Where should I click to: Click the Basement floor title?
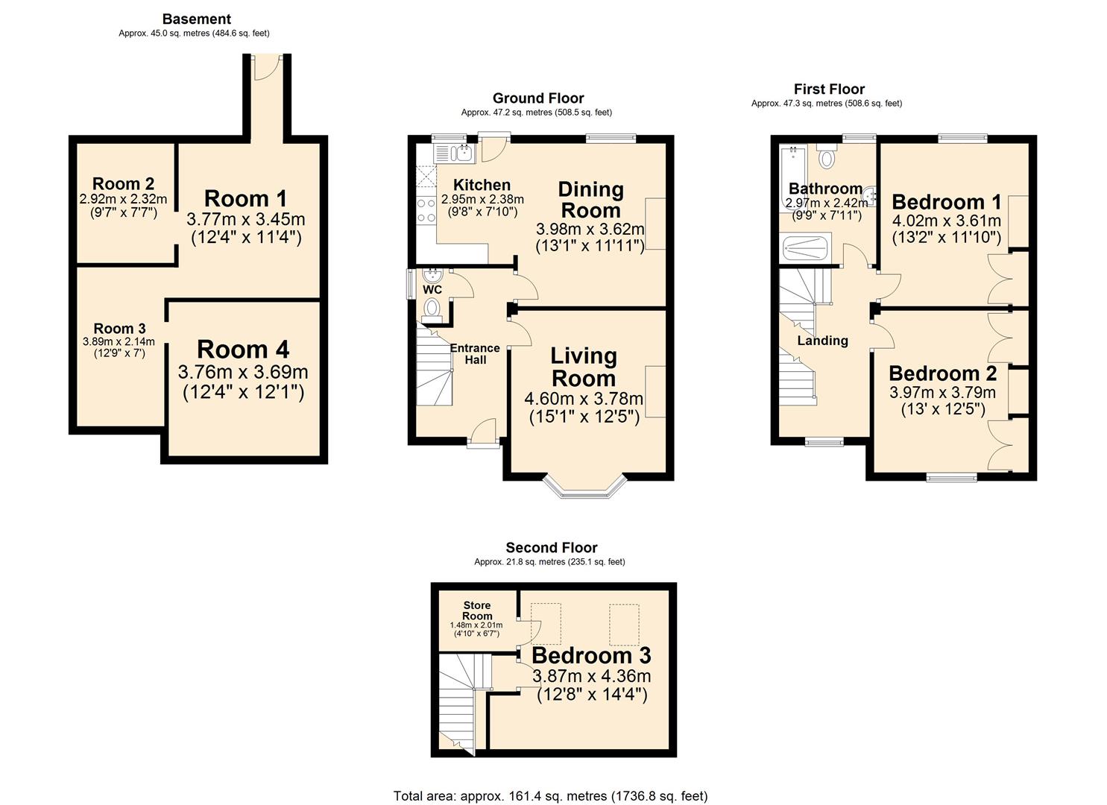tap(197, 19)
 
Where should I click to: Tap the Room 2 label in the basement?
tap(123, 184)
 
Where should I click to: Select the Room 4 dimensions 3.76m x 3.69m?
tap(243, 372)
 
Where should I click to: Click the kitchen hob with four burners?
tap(426, 210)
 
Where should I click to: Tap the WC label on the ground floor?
tap(432, 289)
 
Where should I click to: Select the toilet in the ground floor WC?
tap(432, 309)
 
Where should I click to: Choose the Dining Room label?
tap(590, 200)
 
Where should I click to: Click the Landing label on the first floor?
tap(822, 341)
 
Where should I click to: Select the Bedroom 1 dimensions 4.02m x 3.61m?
tap(946, 221)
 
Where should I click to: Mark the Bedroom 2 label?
tap(942, 373)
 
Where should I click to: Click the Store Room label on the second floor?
tap(477, 610)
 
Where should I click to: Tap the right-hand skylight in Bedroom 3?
tap(624, 624)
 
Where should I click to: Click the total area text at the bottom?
tap(550, 796)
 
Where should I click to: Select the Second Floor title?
tap(552, 548)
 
